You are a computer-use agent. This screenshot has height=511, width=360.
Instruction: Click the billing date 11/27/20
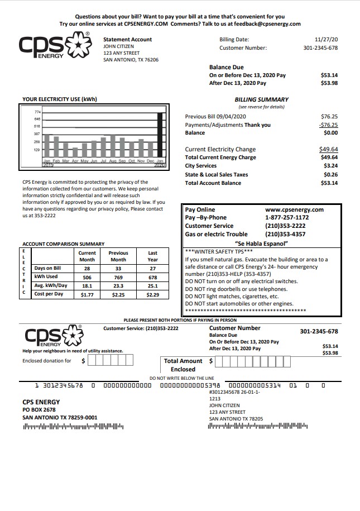tap(326, 40)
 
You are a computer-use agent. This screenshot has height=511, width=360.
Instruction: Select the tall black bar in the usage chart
tap(160, 135)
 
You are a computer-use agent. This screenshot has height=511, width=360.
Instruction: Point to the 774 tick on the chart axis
tap(37, 112)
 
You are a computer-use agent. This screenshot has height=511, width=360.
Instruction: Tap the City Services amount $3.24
tap(330, 166)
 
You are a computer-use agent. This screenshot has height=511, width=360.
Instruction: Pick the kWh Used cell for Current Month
tap(87, 276)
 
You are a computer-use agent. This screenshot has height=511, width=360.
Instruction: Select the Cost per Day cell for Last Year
tap(152, 294)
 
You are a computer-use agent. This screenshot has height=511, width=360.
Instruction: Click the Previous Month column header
tap(118, 256)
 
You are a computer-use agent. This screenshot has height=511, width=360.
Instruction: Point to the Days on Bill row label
tap(47, 268)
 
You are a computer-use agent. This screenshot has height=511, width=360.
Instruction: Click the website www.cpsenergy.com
tap(294, 209)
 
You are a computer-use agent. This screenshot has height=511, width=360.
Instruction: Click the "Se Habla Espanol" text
tap(262, 243)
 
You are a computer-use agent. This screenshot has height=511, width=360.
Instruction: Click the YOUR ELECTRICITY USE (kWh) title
tap(60, 99)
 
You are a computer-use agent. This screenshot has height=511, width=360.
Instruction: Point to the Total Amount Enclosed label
tap(183, 365)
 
